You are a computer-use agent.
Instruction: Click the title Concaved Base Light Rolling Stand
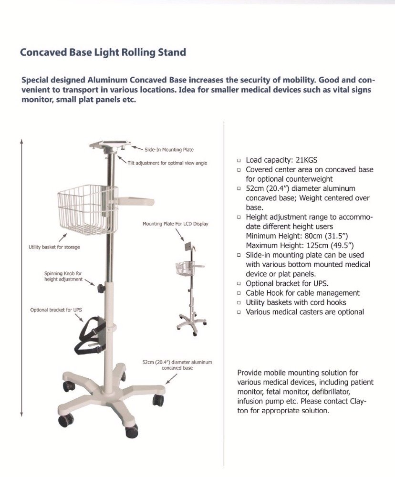tap(103, 52)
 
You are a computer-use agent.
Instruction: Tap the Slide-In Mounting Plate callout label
tap(169, 150)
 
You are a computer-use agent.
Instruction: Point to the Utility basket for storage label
tap(54, 247)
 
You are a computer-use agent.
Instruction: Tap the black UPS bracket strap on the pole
tap(91, 336)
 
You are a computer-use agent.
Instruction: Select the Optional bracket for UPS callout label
tap(56, 310)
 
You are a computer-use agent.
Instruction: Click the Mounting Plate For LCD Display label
tap(175, 224)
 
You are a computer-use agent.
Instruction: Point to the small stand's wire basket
tap(184, 268)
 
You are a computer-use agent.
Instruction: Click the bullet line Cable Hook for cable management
tap(302, 293)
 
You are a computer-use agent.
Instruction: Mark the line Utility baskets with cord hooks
tap(296, 302)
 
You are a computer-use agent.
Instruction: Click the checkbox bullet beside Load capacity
tap(239, 161)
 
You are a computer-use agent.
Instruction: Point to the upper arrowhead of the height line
tap(21, 141)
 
